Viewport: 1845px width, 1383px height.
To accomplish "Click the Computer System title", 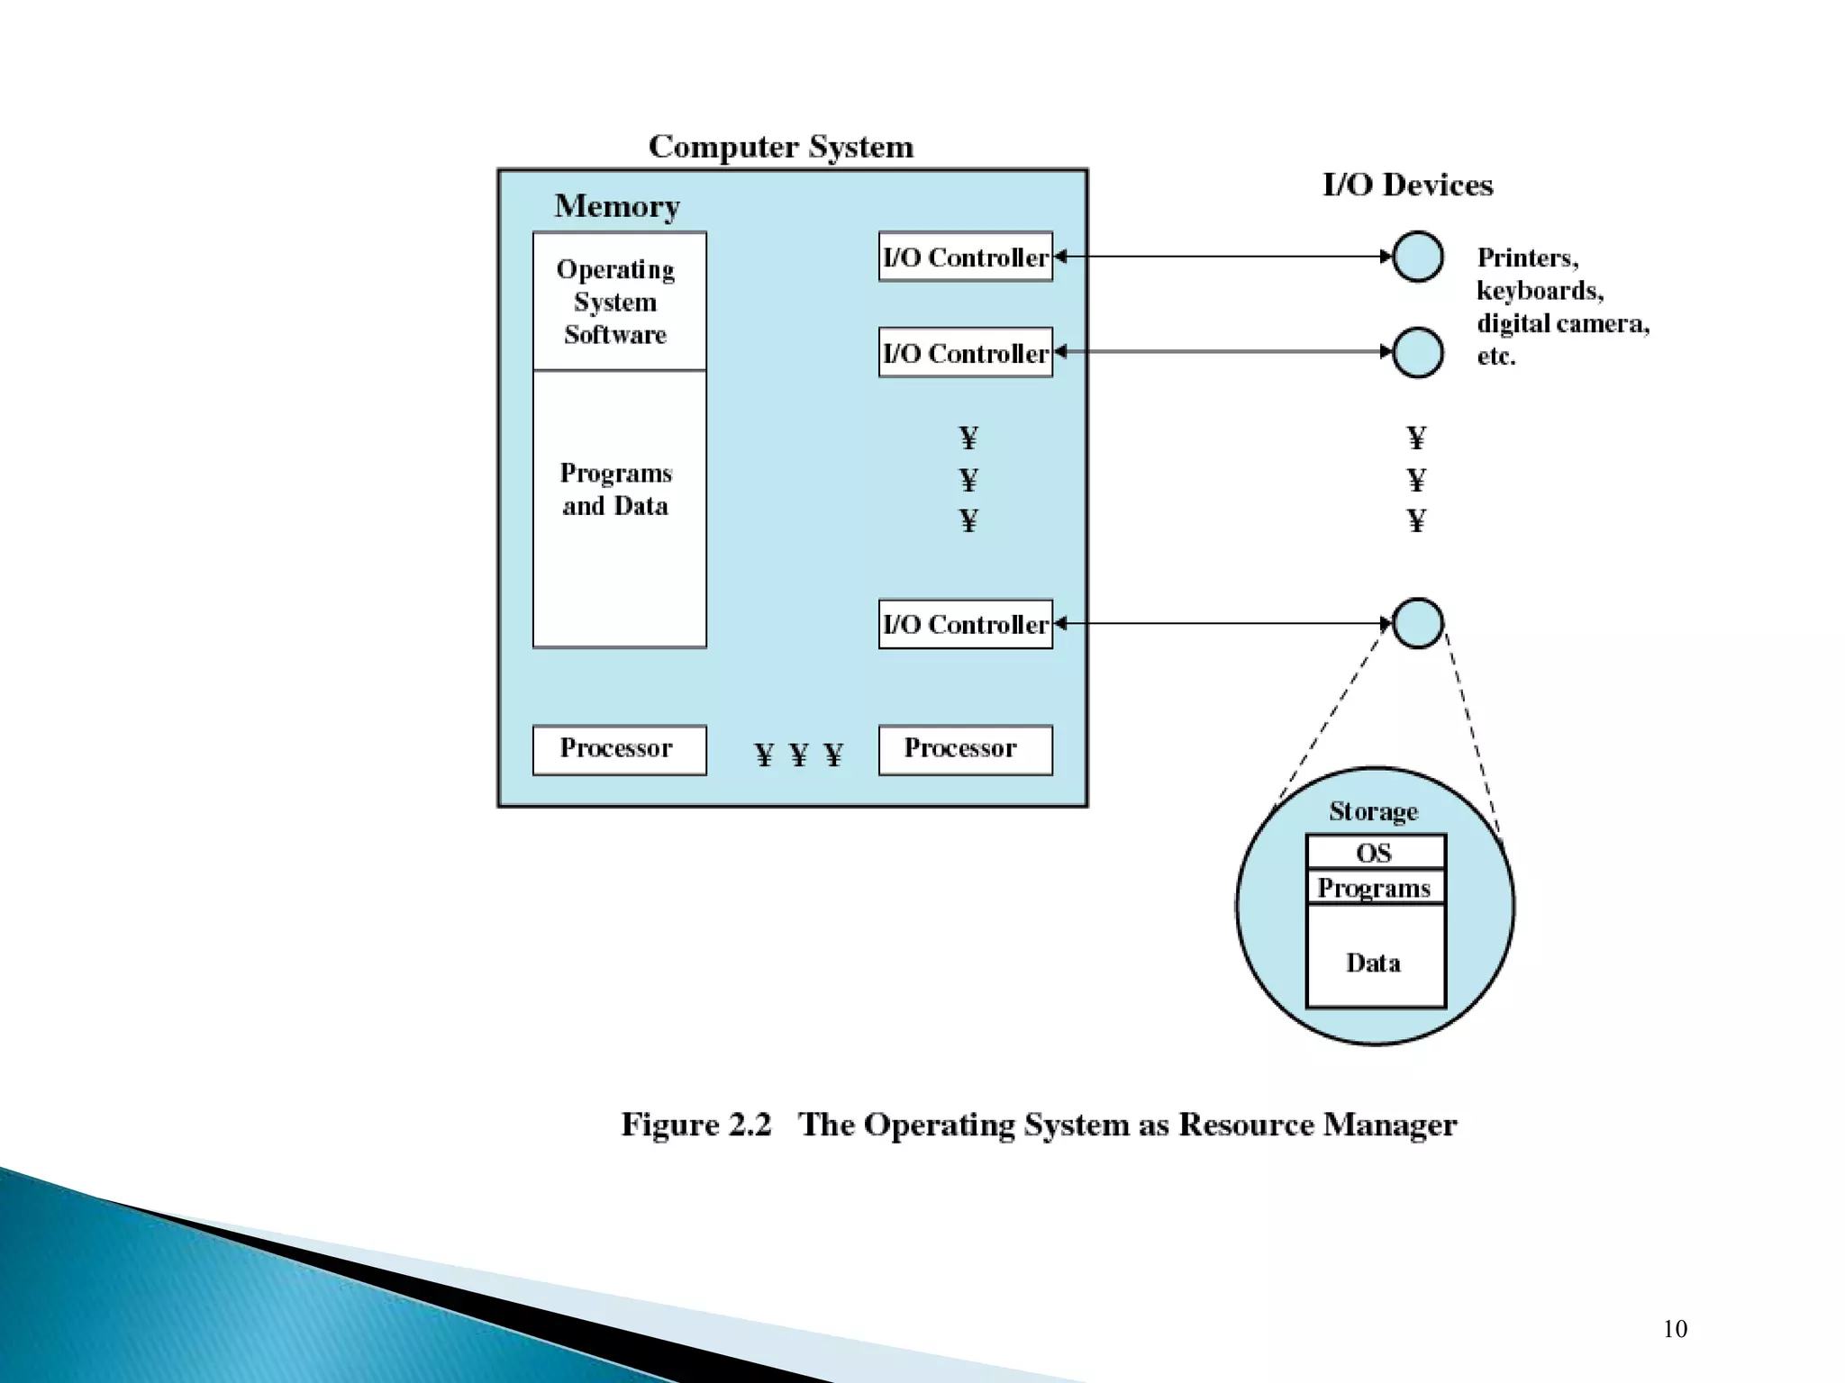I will coord(780,147).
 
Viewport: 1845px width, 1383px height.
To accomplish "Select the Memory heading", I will coord(616,206).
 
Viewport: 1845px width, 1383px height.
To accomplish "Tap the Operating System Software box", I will coord(619,302).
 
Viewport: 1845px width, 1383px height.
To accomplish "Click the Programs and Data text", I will coord(616,489).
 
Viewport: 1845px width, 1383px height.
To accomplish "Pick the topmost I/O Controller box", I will coord(965,258).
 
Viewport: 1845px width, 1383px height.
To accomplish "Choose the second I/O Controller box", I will coord(965,353).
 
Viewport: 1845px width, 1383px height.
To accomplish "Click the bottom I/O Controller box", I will coord(965,624).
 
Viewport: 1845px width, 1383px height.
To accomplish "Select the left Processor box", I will coord(619,749).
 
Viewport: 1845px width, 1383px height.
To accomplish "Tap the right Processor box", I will coord(965,749).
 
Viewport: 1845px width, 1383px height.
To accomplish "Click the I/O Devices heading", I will coord(1407,185).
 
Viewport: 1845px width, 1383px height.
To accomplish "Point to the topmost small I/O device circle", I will coord(1418,257).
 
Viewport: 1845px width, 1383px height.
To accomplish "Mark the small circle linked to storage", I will coord(1418,623).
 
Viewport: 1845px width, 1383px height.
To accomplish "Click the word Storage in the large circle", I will coord(1373,811).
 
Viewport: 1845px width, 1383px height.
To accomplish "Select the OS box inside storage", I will coord(1375,852).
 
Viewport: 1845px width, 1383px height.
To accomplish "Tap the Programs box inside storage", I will coord(1375,887).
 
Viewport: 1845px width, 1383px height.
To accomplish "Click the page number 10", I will coord(1675,1329).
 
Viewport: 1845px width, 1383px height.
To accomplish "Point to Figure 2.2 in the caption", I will coord(695,1125).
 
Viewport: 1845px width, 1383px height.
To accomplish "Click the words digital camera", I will coord(1562,323).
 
